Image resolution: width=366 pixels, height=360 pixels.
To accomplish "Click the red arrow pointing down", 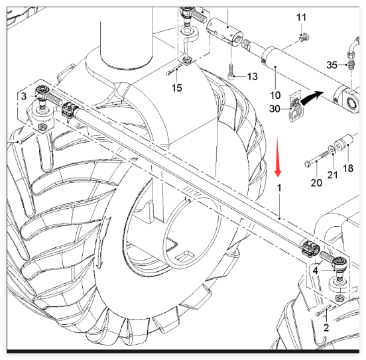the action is (278, 156).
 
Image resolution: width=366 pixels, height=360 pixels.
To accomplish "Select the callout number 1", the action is (279, 188).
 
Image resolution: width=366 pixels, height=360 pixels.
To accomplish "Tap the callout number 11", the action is (301, 17).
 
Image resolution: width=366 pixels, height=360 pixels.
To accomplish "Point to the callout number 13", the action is (252, 76).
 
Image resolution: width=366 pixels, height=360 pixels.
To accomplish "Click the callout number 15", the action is (176, 88).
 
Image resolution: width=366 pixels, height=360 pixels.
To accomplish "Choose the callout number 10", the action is (275, 95).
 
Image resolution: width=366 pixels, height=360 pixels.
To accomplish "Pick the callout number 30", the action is (274, 109).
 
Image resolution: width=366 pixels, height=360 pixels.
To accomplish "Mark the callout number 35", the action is (332, 65).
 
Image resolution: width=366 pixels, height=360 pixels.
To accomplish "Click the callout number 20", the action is (316, 182).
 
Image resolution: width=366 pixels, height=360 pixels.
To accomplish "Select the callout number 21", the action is (332, 175).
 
